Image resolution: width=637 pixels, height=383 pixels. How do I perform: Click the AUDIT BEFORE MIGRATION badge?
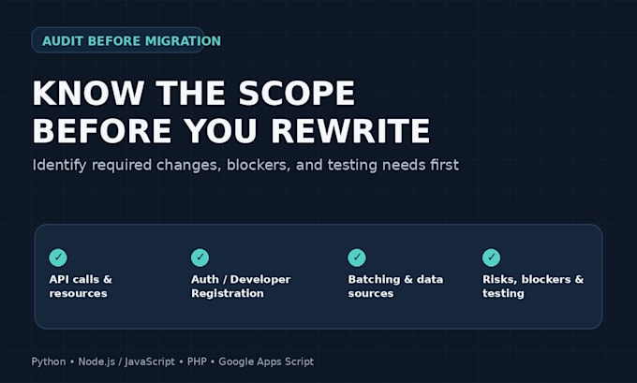[x=118, y=40]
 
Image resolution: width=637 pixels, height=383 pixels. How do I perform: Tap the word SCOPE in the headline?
[x=297, y=93]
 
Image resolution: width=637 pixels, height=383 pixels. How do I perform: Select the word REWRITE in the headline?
[x=350, y=131]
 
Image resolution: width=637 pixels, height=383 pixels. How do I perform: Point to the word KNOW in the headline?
[x=88, y=93]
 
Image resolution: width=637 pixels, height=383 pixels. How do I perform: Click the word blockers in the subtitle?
[x=259, y=165]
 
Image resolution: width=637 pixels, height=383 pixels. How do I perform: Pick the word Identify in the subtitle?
[x=59, y=166]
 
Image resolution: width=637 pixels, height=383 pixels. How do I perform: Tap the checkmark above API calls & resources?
[x=58, y=258]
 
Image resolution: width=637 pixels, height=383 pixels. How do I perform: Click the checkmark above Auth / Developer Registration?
[x=200, y=258]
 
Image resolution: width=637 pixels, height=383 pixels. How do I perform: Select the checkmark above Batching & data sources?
[x=357, y=258]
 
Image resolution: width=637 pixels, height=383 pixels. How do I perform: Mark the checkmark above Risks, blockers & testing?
[x=491, y=258]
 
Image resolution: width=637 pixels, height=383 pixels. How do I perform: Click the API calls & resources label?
[x=81, y=287]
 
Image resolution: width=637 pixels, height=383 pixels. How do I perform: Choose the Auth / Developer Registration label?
[x=241, y=287]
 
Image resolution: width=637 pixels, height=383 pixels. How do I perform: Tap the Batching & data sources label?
[x=395, y=287]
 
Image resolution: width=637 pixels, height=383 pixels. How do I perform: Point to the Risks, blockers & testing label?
[x=533, y=287]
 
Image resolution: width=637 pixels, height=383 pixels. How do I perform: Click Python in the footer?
[x=49, y=361]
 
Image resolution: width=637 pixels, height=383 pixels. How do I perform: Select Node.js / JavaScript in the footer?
[x=126, y=361]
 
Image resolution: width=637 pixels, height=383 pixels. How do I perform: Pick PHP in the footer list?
[x=197, y=361]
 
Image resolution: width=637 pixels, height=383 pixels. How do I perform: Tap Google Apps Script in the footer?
[x=266, y=361]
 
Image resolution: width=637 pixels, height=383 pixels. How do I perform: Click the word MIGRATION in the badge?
[x=183, y=40]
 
